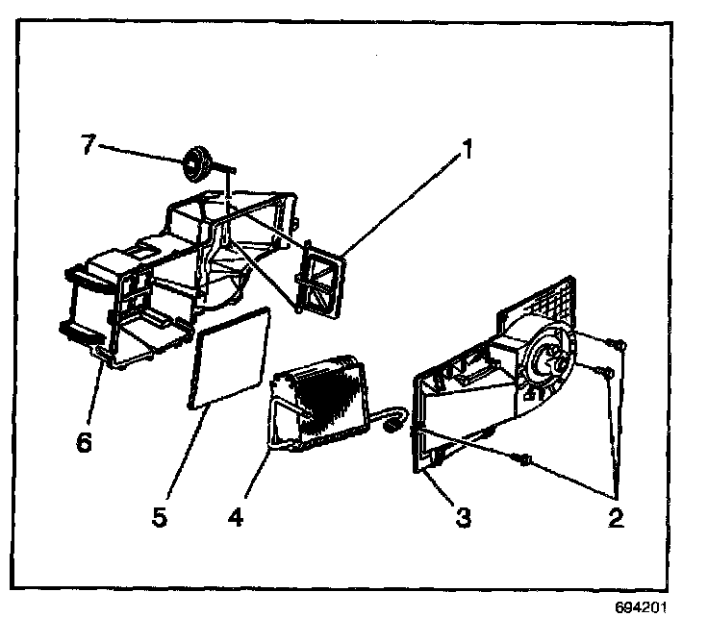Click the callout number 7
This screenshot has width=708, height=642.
tap(88, 144)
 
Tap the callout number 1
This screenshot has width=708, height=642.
tap(467, 151)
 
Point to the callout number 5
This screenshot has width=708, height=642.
tap(158, 517)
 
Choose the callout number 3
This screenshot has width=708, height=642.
tap(463, 517)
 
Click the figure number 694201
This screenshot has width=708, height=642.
tap(643, 608)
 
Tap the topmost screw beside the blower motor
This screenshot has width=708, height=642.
tap(619, 341)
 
